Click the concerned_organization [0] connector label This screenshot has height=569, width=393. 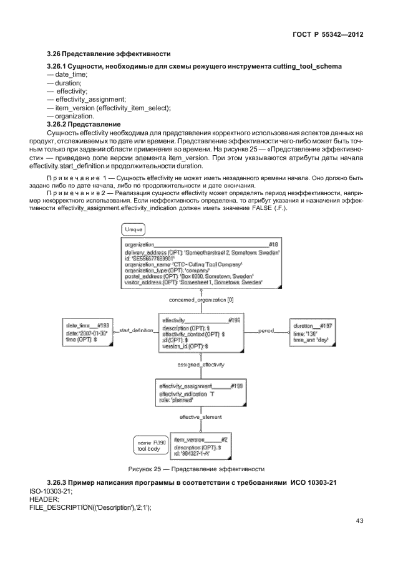click(x=201, y=300)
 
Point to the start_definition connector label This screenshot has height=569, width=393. click(x=135, y=330)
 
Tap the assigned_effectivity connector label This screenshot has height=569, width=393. click(x=201, y=363)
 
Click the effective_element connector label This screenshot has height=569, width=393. click(x=201, y=416)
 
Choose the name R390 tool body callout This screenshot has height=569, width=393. click(x=150, y=445)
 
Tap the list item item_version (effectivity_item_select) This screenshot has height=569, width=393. click(x=113, y=107)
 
